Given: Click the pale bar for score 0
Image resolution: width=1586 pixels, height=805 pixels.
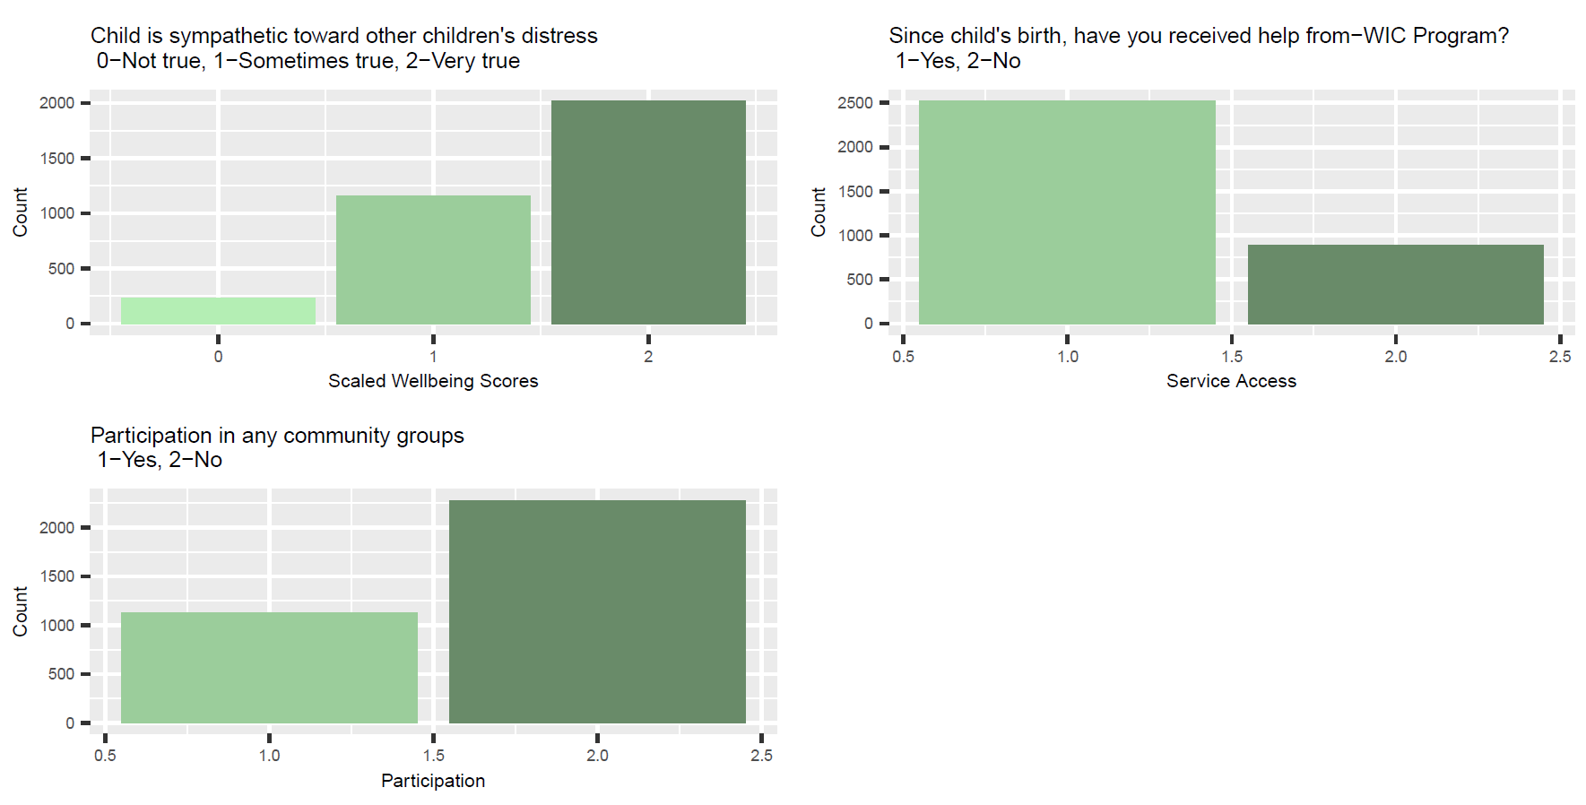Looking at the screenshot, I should [x=218, y=311].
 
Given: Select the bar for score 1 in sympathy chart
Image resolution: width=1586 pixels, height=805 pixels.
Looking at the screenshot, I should [x=433, y=260].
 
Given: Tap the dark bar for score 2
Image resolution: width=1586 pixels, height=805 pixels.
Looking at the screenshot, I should [x=648, y=212].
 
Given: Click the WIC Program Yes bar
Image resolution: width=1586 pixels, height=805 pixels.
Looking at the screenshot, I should [x=1067, y=212].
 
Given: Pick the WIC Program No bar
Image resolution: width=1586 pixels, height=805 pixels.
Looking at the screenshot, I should [x=1395, y=284].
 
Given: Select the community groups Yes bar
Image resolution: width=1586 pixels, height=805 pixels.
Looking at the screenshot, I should [x=269, y=668].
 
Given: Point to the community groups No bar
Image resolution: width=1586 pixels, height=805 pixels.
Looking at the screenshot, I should [x=597, y=611].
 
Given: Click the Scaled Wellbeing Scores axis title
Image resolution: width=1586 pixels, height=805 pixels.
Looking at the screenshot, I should [x=433, y=381].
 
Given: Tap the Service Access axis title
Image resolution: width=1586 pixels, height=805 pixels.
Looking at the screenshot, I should [x=1231, y=381].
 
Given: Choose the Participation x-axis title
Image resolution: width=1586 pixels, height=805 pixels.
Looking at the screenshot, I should [x=433, y=781].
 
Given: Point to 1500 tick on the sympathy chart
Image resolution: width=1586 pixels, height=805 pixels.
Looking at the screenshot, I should [x=56, y=159].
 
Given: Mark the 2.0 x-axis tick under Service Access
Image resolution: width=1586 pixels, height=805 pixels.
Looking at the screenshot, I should [x=1395, y=357].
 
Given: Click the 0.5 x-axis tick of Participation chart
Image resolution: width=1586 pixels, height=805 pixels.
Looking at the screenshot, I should [x=105, y=756].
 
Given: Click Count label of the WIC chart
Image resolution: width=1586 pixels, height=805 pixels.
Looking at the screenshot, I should [x=818, y=212].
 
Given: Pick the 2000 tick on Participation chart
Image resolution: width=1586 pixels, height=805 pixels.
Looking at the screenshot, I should [x=56, y=528].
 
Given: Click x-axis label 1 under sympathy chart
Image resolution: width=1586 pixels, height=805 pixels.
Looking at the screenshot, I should [x=433, y=357].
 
